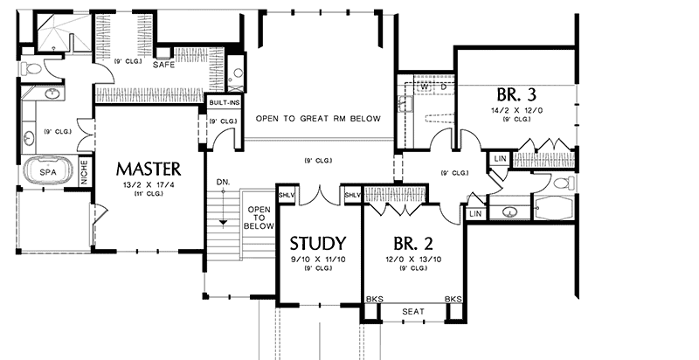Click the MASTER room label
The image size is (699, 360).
148,167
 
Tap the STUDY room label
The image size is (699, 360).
318,242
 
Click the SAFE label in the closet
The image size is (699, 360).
163,66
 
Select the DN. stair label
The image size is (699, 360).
223,181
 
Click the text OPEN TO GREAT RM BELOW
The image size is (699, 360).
318,118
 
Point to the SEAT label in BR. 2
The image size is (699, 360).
412,311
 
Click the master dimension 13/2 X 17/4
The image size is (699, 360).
148,186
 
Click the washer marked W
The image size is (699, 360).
424,87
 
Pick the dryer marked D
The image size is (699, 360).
443,87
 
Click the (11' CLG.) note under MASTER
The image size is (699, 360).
148,196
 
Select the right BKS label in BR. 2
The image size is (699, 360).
453,299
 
